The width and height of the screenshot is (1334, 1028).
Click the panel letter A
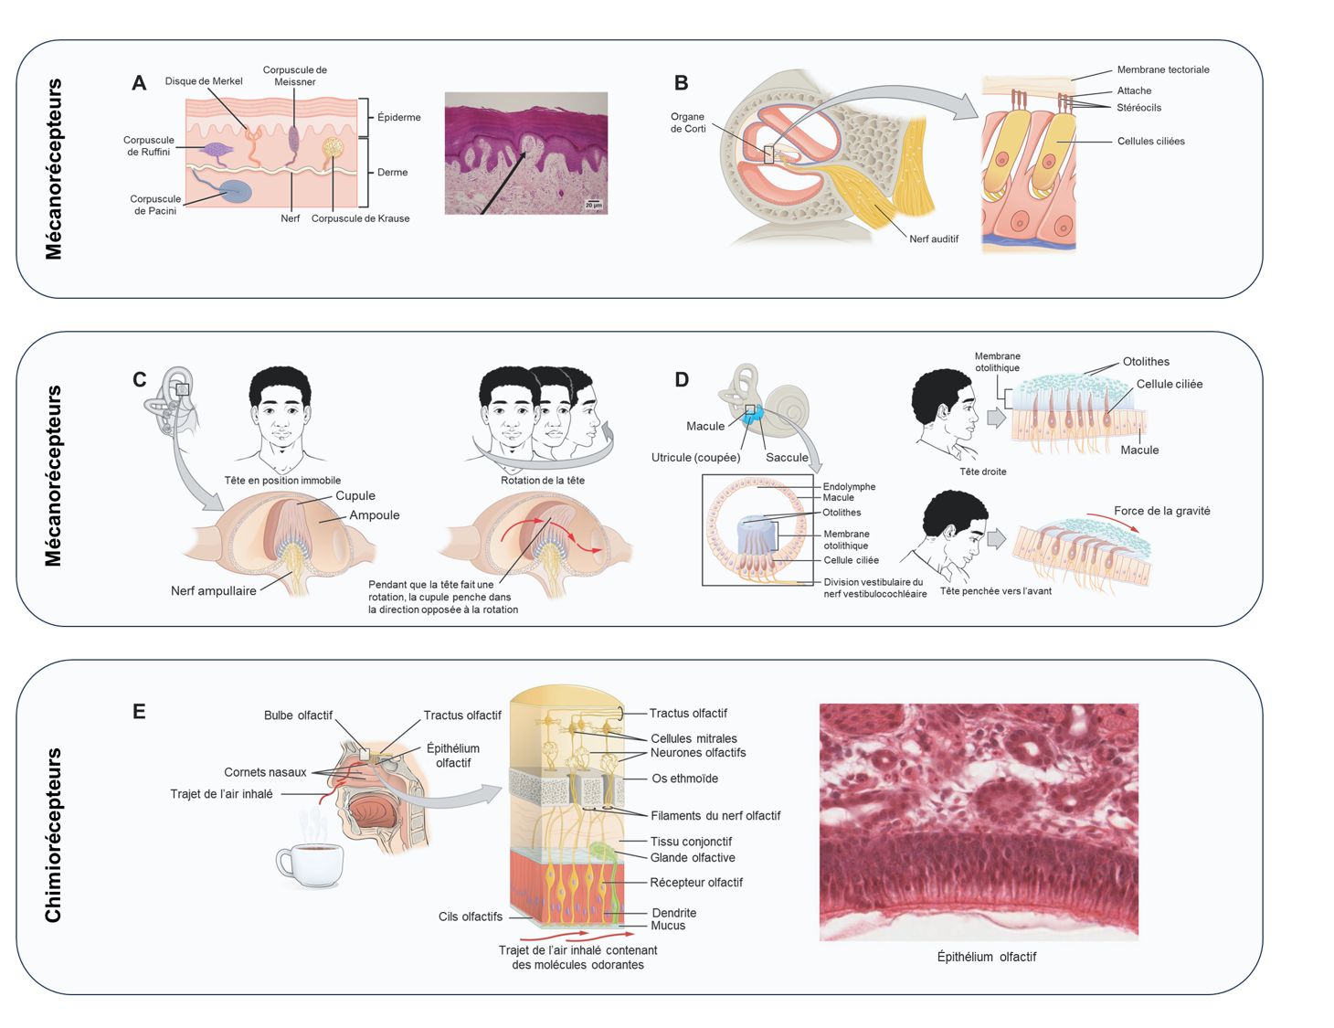pyautogui.click(x=139, y=83)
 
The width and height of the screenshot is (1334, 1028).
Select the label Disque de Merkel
pyautogui.click(x=204, y=81)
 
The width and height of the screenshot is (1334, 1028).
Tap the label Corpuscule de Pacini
pyautogui.click(x=155, y=205)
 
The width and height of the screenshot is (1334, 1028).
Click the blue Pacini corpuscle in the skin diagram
pyautogui.click(x=236, y=191)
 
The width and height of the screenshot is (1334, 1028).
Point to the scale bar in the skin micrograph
pyautogui.click(x=594, y=203)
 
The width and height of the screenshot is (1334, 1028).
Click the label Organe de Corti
pyautogui.click(x=687, y=122)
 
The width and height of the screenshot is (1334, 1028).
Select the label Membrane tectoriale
pyautogui.click(x=1162, y=69)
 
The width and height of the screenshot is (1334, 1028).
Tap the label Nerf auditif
pyautogui.click(x=934, y=238)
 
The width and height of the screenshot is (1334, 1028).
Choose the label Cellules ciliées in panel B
pyautogui.click(x=1150, y=142)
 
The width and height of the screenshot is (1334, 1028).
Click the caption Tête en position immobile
pyautogui.click(x=282, y=481)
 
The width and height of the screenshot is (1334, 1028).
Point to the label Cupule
pyautogui.click(x=355, y=496)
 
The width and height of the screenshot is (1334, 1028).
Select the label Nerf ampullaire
pyautogui.click(x=214, y=591)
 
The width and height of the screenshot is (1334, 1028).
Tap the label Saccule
pyautogui.click(x=787, y=458)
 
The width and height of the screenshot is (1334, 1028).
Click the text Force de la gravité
pyautogui.click(x=1161, y=512)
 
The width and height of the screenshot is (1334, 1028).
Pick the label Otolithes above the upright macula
pyautogui.click(x=1146, y=362)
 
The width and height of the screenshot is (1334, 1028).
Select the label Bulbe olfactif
pyautogui.click(x=298, y=715)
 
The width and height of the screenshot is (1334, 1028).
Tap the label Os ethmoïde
pyautogui.click(x=684, y=779)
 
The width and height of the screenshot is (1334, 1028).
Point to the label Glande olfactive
pyautogui.click(x=693, y=858)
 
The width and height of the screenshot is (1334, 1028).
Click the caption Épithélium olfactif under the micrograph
pyautogui.click(x=986, y=957)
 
